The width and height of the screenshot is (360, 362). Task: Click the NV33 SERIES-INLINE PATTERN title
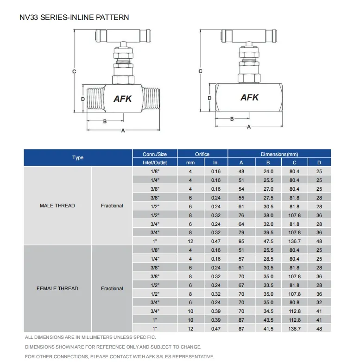[74, 18]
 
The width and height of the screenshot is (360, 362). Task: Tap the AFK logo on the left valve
[123, 99]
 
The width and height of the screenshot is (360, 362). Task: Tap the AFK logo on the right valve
[249, 98]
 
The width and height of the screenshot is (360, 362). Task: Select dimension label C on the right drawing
[201, 71]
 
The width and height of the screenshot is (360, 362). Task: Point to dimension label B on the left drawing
[105, 121]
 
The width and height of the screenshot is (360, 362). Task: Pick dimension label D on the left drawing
[82, 99]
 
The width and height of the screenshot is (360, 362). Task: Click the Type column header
[78, 158]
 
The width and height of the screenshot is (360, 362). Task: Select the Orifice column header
[202, 154]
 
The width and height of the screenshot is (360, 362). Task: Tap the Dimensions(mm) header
[279, 154]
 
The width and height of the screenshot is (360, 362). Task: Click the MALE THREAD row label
[57, 206]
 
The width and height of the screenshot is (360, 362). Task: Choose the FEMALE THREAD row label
[57, 288]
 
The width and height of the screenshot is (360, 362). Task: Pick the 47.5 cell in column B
[268, 241]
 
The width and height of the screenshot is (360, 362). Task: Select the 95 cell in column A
[241, 241]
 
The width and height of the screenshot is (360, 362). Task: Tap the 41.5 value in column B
[268, 329]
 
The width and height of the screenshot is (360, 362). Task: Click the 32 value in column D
[319, 303]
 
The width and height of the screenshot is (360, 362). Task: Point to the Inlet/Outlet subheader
[155, 162]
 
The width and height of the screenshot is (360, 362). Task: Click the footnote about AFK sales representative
[120, 356]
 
